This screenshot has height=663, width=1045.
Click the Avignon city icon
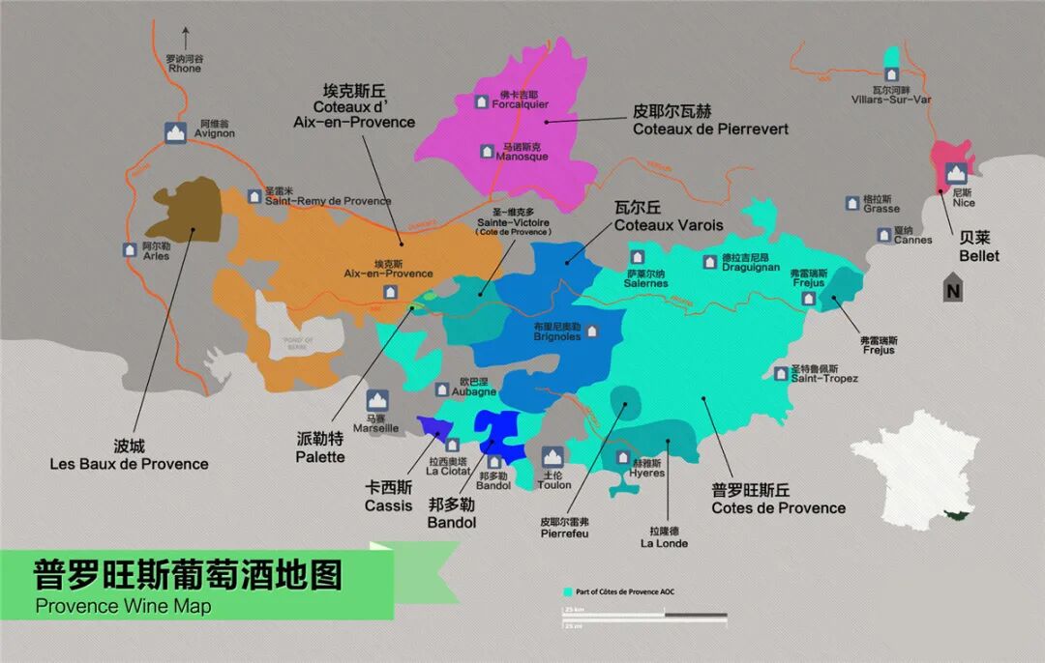[175, 133]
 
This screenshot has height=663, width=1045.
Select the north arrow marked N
[954, 288]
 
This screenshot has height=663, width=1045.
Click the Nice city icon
[957, 173]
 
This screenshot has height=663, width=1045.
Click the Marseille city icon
[376, 400]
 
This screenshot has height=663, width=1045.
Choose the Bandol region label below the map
[452, 514]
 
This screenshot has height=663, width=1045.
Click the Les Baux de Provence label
[129, 455]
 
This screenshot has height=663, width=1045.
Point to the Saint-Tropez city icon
[781, 373]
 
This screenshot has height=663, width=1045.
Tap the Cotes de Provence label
[778, 500]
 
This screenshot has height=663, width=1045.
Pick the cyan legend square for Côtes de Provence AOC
[567, 591]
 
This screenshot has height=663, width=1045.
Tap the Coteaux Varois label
[669, 216]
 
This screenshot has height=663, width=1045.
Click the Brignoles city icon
[592, 331]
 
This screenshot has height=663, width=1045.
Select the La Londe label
[664, 536]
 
